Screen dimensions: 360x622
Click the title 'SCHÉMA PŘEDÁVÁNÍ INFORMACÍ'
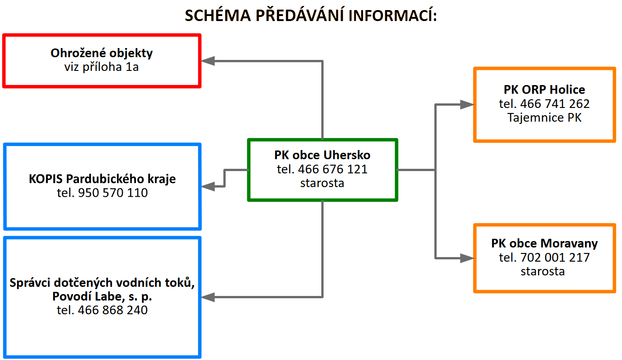(x=311, y=16)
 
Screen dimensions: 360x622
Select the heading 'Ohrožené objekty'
(x=102, y=53)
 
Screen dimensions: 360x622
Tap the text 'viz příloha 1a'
(x=102, y=67)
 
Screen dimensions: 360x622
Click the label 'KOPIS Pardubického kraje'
(x=102, y=178)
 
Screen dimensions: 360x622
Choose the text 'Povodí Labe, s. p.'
(x=102, y=296)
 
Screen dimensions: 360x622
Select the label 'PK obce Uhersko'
(x=322, y=155)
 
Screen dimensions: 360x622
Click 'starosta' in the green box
(x=322, y=183)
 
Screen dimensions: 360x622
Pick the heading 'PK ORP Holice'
(x=544, y=90)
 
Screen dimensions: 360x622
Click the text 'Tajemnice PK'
(x=544, y=118)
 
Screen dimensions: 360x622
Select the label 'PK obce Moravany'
(x=544, y=243)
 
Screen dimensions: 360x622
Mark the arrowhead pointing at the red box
(x=209, y=60)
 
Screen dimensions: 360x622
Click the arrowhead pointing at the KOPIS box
(x=209, y=186)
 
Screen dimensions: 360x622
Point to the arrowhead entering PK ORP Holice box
(x=467, y=105)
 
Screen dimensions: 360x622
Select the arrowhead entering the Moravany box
(x=467, y=258)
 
